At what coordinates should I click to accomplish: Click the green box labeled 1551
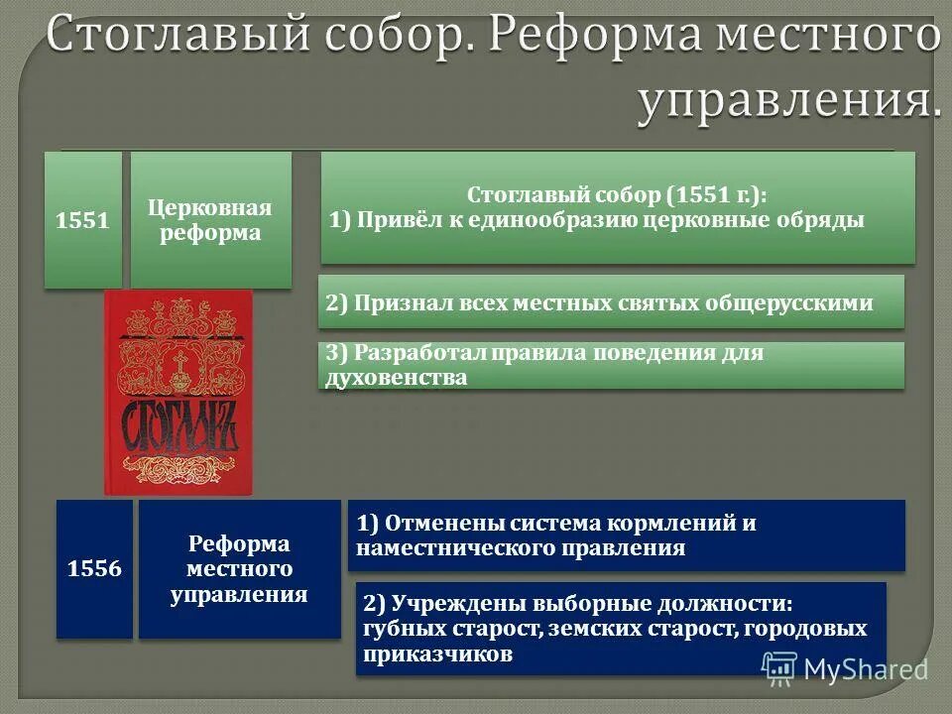tap(82, 219)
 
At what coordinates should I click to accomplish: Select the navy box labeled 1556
tap(94, 569)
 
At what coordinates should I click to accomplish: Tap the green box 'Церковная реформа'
tap(211, 219)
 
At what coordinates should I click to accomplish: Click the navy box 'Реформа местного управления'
tap(239, 569)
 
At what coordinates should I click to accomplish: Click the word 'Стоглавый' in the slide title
tap(164, 38)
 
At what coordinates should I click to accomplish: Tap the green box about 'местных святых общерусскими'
tap(611, 301)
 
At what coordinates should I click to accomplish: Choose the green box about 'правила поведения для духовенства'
tap(611, 365)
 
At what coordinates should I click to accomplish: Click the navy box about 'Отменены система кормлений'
tap(626, 535)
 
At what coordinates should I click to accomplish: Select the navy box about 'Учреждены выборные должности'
tap(620, 628)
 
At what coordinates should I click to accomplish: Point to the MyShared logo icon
tap(780, 669)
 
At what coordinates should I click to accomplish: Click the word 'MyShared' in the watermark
tap(866, 670)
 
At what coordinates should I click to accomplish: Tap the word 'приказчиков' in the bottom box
tap(438, 654)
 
